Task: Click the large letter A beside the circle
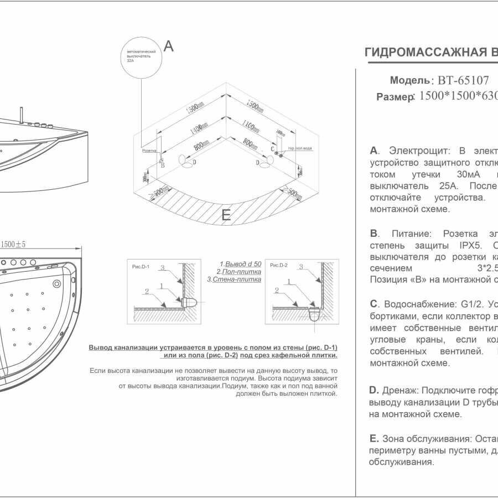point(169,46)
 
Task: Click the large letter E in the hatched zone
point(226,216)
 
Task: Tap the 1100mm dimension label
point(248,123)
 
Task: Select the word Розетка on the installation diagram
point(149,150)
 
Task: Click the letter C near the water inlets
point(273,149)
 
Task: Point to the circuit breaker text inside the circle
point(141,57)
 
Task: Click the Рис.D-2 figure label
point(277,266)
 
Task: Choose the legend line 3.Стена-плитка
point(234,279)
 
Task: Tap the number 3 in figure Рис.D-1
point(162,267)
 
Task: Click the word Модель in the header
point(409,80)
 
